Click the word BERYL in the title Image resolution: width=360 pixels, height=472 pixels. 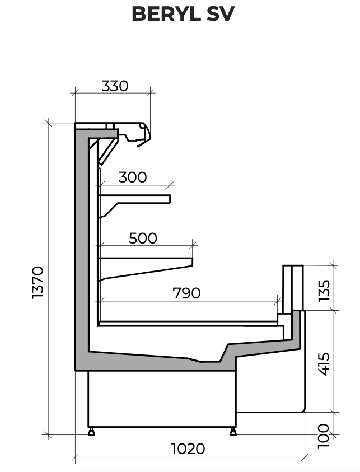tap(166, 14)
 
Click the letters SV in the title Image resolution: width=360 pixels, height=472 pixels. tap(221, 14)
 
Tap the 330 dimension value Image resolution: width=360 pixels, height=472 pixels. tap(115, 86)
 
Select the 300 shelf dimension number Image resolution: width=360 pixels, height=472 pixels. tap(133, 177)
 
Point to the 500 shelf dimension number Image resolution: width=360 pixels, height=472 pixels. tap(143, 238)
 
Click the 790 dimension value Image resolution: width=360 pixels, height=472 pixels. tap(186, 293)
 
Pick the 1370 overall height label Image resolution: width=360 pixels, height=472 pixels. tap(38, 282)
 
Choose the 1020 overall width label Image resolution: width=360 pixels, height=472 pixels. tap(188, 449)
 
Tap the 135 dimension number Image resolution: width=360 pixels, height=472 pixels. tap(324, 291)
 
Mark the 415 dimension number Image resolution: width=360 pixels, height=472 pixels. tap(324, 364)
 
